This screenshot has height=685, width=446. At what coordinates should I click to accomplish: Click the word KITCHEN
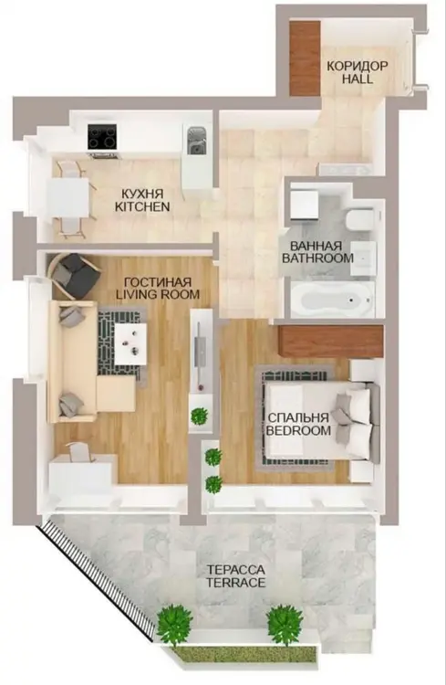(142, 206)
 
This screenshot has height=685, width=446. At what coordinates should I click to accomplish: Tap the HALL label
(358, 79)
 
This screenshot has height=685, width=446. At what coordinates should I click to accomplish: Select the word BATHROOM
(317, 258)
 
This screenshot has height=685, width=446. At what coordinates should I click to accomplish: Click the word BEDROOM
(298, 431)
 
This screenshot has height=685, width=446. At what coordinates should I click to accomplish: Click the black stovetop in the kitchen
(102, 136)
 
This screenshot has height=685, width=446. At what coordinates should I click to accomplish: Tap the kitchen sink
(197, 141)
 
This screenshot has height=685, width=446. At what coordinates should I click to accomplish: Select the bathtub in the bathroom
(333, 300)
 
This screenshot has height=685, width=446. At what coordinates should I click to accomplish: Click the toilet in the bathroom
(359, 219)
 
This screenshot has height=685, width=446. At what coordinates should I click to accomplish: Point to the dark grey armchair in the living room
(73, 276)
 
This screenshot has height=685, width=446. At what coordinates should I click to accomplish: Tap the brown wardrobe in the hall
(305, 58)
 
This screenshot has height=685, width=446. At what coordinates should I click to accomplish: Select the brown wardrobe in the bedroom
(331, 341)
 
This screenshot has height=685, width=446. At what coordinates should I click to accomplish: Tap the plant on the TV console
(200, 415)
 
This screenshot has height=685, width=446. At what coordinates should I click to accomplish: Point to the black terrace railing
(97, 579)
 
